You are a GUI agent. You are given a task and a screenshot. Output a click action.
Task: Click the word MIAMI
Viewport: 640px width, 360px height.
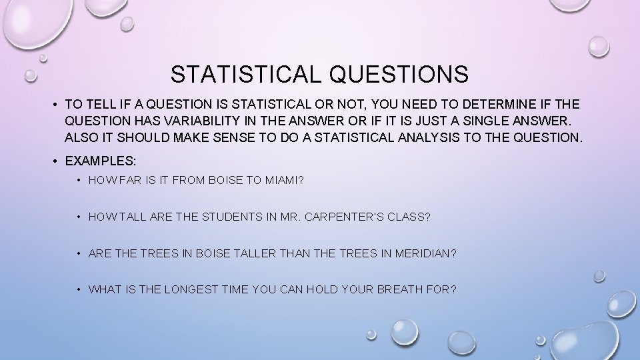[283, 179]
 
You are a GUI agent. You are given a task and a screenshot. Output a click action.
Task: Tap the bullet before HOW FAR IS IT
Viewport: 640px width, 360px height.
[79, 179]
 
